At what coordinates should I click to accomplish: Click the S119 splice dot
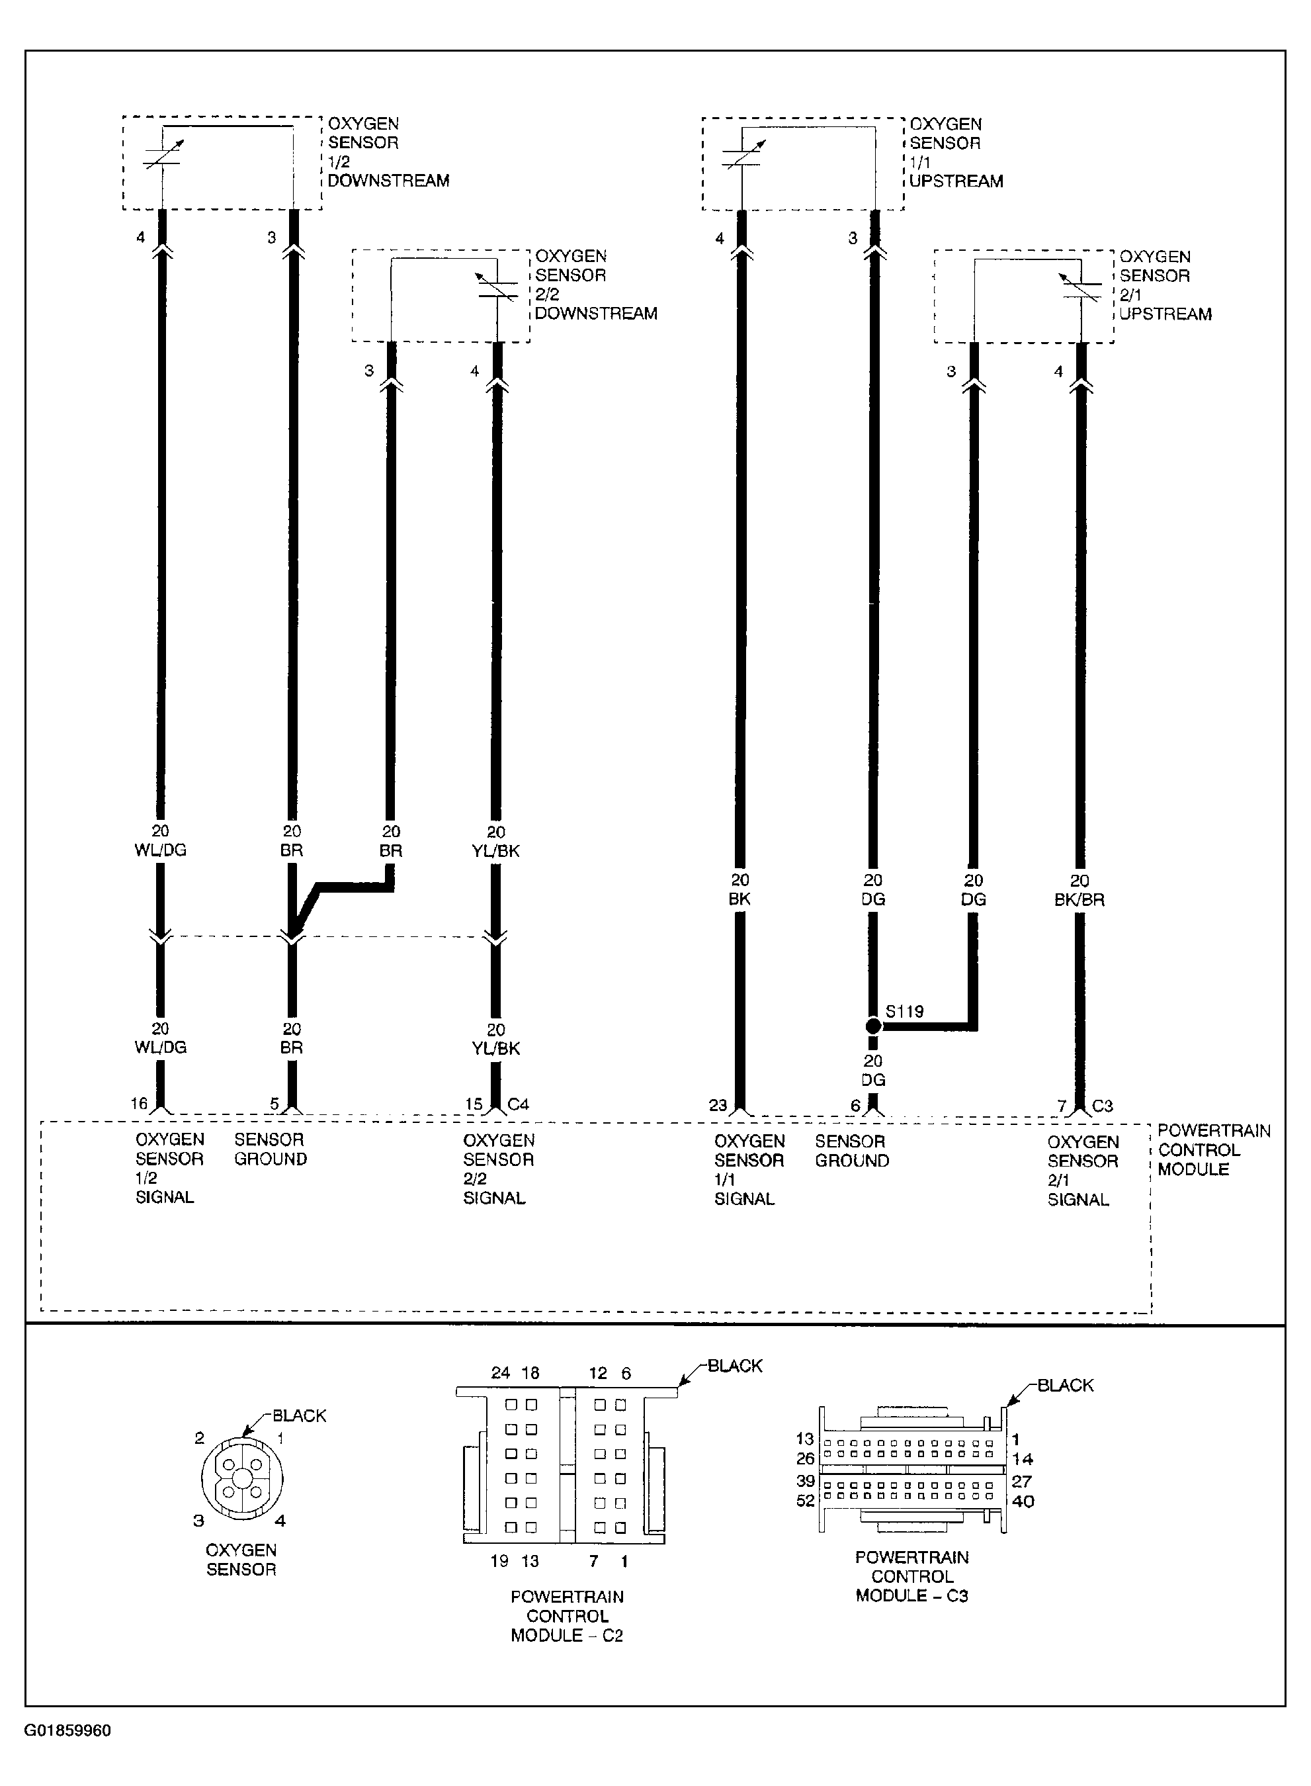click(x=873, y=1026)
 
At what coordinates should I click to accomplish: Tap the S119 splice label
click(x=905, y=1012)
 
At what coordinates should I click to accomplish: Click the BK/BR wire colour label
click(x=1079, y=899)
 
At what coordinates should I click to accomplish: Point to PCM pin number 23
click(x=718, y=1105)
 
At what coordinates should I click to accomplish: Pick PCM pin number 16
click(x=139, y=1103)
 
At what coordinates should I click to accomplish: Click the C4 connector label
click(x=518, y=1104)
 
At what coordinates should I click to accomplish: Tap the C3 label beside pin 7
click(x=1102, y=1106)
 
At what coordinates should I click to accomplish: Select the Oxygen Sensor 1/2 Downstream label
click(x=388, y=152)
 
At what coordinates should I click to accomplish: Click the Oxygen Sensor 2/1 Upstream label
click(x=1165, y=285)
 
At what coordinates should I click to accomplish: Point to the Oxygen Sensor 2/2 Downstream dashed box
click(x=441, y=295)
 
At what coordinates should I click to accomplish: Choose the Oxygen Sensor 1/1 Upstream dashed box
click(x=802, y=163)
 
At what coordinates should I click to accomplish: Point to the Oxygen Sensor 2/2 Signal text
click(x=498, y=1169)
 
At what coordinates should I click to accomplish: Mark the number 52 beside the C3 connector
click(x=806, y=1500)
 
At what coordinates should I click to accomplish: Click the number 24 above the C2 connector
click(x=500, y=1373)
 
